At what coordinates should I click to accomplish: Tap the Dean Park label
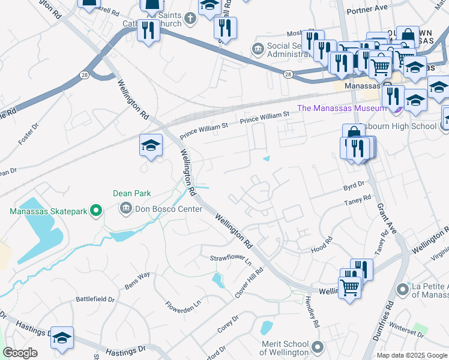[132, 193]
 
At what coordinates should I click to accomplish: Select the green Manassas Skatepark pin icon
[94, 211]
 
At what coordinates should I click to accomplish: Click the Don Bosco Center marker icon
[126, 209]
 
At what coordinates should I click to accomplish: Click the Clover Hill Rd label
[249, 283]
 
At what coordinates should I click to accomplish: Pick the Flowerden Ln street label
[182, 307]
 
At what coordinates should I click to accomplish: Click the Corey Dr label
[228, 325]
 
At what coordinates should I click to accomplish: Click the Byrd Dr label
[354, 187]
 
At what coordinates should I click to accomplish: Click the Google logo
[19, 353]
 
